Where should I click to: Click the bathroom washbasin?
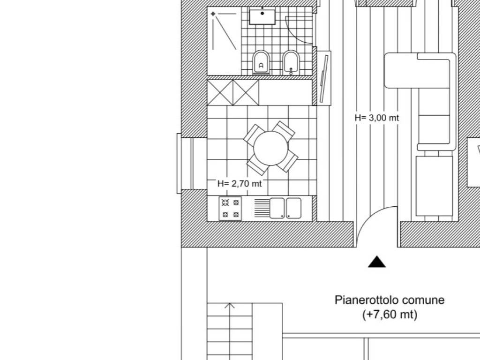tap(262, 16)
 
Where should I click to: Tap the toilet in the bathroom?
tap(261, 62)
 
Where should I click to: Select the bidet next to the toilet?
tap(291, 62)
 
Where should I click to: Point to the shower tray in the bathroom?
tap(224, 41)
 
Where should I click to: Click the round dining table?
tap(271, 149)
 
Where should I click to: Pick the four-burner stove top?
tap(230, 209)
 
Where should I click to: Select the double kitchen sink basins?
tap(285, 208)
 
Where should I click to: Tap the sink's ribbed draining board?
tap(262, 208)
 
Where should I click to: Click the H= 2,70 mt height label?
tap(240, 184)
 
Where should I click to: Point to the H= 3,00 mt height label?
tap(377, 118)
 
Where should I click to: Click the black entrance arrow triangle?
tap(377, 262)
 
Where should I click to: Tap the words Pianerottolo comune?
tap(390, 300)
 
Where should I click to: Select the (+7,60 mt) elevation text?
tap(390, 315)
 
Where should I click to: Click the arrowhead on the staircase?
tap(230, 305)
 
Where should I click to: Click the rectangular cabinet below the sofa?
tap(434, 186)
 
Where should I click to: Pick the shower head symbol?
tap(213, 14)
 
